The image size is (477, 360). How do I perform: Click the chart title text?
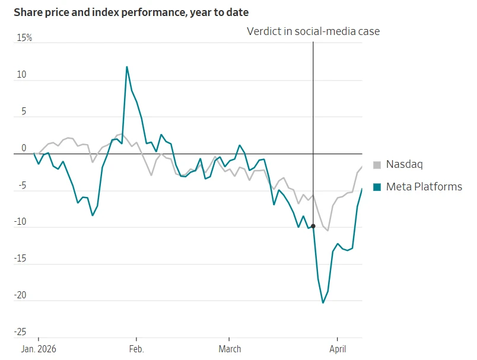point(131,12)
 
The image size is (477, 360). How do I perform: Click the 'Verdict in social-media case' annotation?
point(313,31)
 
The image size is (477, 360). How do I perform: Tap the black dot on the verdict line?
point(313,226)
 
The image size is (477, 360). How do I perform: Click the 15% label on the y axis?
point(24,38)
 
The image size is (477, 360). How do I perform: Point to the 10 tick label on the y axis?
point(22,75)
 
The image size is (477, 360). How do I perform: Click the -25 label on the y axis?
point(21,332)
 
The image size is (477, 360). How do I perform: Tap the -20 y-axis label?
point(21,295)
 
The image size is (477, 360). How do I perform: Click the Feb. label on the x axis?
point(136,349)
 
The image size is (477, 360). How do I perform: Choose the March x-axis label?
point(230,349)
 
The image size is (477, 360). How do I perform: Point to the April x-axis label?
point(337,349)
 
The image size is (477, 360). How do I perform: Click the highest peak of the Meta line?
point(126,66)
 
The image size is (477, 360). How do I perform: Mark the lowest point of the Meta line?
point(323,302)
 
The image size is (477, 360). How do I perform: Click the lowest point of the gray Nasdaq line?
point(327,230)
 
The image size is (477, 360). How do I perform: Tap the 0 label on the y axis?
point(24,148)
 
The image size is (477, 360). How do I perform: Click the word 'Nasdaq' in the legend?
point(405,165)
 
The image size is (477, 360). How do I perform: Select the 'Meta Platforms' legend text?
point(424,187)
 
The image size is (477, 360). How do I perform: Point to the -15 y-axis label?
point(21,259)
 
